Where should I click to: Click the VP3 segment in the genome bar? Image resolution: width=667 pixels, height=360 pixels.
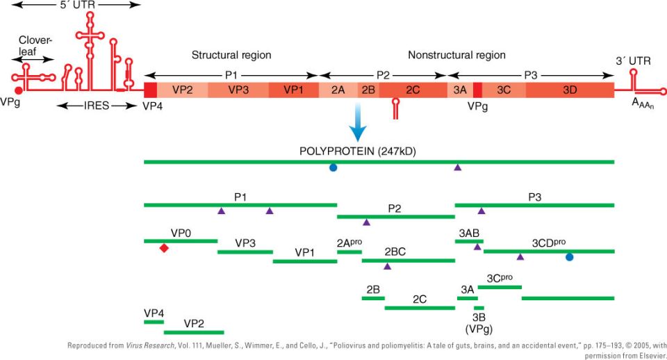pyautogui.click(x=238, y=90)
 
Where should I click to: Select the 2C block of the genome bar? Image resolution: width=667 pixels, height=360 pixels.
pyautogui.click(x=413, y=90)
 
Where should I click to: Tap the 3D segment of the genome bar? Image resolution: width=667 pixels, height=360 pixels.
pyautogui.click(x=570, y=90)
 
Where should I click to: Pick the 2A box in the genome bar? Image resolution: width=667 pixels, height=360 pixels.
pyautogui.click(x=338, y=90)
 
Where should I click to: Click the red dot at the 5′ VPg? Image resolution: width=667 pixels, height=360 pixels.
pyautogui.click(x=18, y=90)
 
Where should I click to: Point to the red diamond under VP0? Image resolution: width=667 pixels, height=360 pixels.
pyautogui.click(x=164, y=248)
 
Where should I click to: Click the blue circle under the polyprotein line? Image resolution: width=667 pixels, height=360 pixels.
pyautogui.click(x=333, y=167)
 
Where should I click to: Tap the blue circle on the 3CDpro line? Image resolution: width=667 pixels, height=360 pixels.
pyautogui.click(x=569, y=257)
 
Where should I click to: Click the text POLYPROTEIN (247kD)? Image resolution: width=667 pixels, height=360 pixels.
pyautogui.click(x=357, y=152)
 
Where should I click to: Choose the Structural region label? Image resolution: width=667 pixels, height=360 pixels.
pyautogui.click(x=231, y=55)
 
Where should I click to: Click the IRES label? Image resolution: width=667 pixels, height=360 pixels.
pyautogui.click(x=96, y=106)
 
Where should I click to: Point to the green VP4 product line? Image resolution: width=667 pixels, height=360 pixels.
pyautogui.click(x=154, y=322)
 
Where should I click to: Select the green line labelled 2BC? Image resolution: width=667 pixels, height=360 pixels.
pyautogui.click(x=409, y=261)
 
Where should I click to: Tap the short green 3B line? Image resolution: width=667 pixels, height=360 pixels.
pyautogui.click(x=479, y=308)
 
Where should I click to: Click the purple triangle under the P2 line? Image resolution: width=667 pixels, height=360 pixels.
pyautogui.click(x=366, y=222)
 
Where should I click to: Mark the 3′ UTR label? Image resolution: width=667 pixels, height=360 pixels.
pyautogui.click(x=633, y=61)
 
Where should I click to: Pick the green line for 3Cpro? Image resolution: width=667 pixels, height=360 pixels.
pyautogui.click(x=500, y=287)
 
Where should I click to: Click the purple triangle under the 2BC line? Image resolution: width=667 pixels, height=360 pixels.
pyautogui.click(x=387, y=266)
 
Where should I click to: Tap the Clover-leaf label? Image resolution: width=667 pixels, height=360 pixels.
pyautogui.click(x=35, y=46)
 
